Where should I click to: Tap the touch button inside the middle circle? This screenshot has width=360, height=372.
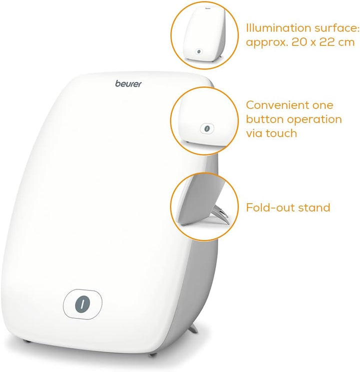pos(204,129)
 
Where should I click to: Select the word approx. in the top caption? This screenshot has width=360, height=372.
pos(265,43)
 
